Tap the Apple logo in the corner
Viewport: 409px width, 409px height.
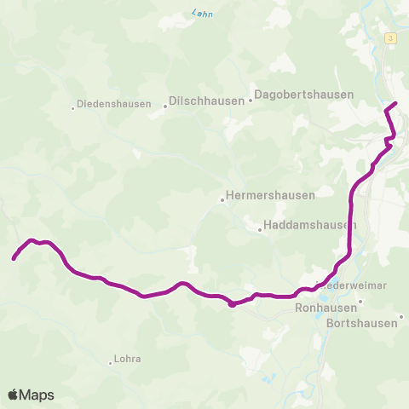coord(13,395)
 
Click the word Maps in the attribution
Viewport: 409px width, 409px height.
coord(37,395)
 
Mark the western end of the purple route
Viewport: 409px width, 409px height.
coord(14,257)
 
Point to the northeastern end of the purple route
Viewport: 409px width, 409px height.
coord(396,105)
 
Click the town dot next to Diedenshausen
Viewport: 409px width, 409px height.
coord(73,107)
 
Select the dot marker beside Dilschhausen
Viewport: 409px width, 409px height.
coord(164,107)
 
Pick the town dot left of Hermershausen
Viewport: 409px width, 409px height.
coord(222,201)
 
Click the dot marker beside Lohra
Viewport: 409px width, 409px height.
coord(111,363)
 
